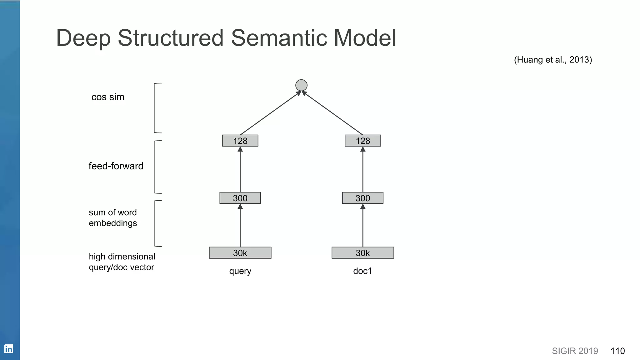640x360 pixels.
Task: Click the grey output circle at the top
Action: tap(301, 85)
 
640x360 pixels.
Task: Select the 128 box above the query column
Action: tap(240, 141)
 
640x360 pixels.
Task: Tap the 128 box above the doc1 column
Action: tap(362, 141)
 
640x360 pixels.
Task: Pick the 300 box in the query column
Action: tap(240, 198)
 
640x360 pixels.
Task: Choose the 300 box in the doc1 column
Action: tap(362, 198)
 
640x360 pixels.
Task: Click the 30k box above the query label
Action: tap(240, 253)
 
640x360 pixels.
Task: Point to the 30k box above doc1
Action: tap(362, 253)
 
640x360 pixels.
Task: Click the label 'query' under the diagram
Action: tap(240, 271)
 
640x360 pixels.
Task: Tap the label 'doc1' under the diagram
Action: tap(362, 271)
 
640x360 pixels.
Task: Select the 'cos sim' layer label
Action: tap(108, 97)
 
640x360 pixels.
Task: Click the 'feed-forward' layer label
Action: tap(116, 166)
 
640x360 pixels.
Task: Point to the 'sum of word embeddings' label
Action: tap(113, 218)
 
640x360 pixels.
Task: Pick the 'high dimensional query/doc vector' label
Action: tap(122, 262)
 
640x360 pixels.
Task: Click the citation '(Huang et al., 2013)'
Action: tap(553, 60)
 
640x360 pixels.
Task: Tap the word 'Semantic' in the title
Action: tap(279, 38)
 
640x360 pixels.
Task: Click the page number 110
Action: tap(617, 351)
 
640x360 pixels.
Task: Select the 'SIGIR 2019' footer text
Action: tap(575, 351)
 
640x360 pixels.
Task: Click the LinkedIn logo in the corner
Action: tap(9, 348)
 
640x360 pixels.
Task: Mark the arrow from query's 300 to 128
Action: tap(240, 169)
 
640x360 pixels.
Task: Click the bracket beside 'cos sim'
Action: tap(155, 108)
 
